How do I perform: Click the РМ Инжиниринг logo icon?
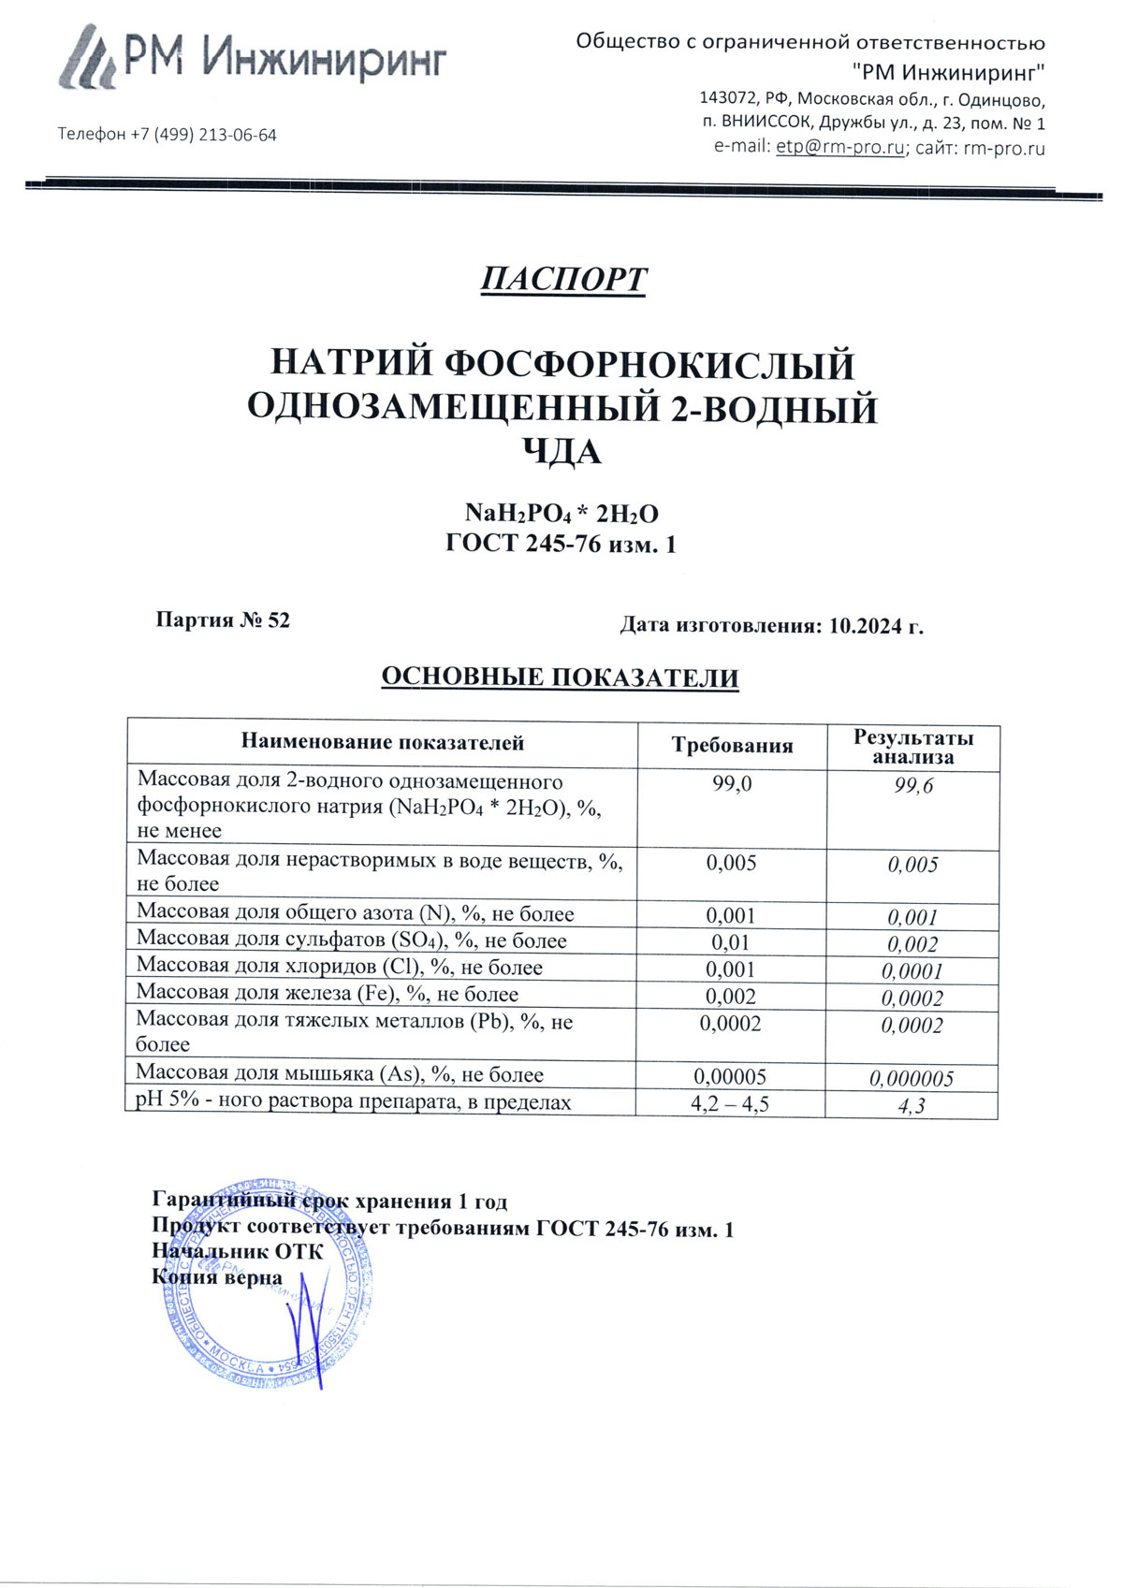pos(89,58)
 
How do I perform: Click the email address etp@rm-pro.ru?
pos(839,148)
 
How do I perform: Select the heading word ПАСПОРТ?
pos(563,280)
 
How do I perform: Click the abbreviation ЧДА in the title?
pos(561,453)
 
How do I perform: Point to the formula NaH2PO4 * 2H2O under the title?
pos(561,514)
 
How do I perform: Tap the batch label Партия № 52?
pos(223,620)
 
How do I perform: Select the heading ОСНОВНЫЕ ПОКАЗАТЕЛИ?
pos(560,677)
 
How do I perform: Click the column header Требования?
pos(732,746)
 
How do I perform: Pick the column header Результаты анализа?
pos(912,747)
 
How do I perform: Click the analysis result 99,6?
pos(912,786)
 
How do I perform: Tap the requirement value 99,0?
pos(732,784)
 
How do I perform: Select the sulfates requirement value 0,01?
pos(731,942)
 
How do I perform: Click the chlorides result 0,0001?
pos(912,971)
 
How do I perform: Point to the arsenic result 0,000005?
pos(912,1079)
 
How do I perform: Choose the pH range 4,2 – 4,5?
pos(730,1104)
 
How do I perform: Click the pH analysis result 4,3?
pos(912,1106)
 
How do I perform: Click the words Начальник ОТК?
pos(238,1252)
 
